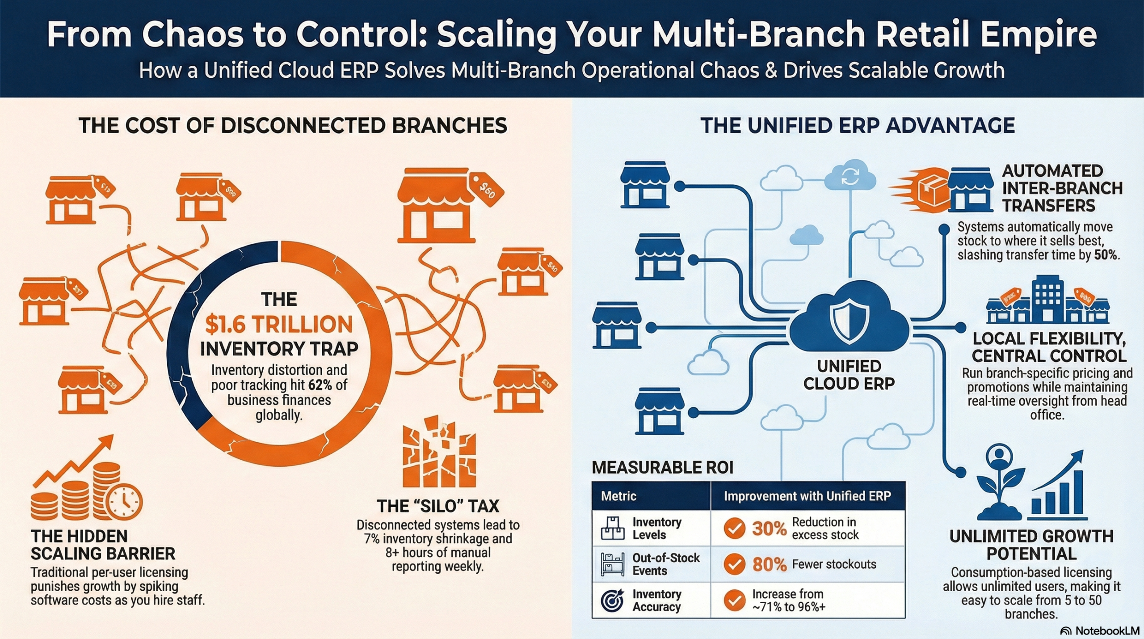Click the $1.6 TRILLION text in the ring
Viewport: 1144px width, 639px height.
pos(279,324)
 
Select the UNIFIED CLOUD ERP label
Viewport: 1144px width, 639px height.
pos(849,375)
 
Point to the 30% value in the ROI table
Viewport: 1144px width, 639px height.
pos(769,529)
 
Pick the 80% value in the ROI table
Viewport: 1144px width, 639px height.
pos(769,564)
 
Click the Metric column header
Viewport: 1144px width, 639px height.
pos(618,496)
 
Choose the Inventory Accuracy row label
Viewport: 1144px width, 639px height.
pos(656,601)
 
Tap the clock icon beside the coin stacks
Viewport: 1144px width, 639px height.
pos(125,502)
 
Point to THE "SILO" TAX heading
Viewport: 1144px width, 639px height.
pos(437,506)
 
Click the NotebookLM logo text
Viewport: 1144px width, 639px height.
pos(1107,631)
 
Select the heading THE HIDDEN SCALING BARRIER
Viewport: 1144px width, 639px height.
pos(103,545)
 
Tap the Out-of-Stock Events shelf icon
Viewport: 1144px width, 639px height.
pos(612,564)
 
